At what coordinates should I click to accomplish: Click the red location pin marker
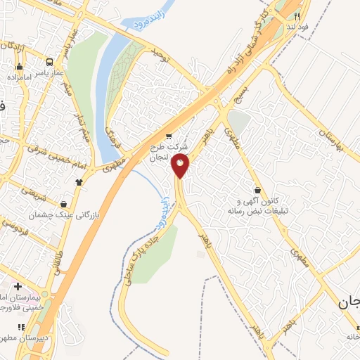point(180,167)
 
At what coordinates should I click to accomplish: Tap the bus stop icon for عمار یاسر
point(49,61)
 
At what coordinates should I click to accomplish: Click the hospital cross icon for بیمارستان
point(18,286)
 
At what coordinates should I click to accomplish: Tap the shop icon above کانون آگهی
point(258,190)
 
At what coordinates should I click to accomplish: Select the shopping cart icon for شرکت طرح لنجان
point(168,136)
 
